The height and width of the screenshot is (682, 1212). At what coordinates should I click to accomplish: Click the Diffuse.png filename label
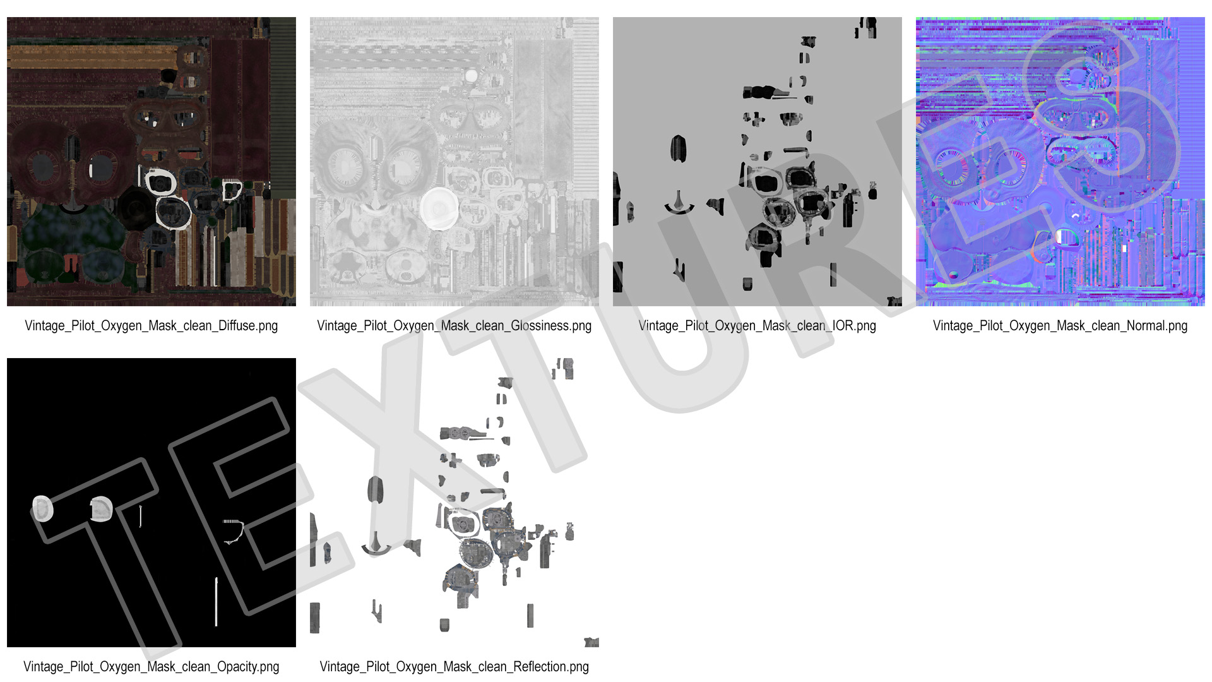point(151,326)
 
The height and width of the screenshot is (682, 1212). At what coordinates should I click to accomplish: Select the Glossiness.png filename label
point(454,326)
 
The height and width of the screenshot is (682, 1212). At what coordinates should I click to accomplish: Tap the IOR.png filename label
point(757,326)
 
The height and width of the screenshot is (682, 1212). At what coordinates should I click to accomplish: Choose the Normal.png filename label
point(1060,326)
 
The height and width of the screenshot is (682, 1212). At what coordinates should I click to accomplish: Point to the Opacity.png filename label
point(151,667)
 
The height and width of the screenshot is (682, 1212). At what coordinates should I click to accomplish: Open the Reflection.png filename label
point(454,667)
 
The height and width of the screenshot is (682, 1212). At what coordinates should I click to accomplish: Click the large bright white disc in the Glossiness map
point(439,208)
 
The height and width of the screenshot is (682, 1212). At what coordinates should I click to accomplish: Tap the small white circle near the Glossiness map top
point(471,76)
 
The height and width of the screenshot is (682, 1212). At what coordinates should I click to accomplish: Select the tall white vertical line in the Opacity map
point(216,602)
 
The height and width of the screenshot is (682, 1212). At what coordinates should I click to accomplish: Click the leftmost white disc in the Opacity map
point(42,509)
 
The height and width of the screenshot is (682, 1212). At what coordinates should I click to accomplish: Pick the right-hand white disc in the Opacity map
point(101,509)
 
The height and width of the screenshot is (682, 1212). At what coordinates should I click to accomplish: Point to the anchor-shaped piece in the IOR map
point(679,205)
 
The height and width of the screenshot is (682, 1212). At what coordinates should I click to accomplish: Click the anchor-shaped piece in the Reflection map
point(376,545)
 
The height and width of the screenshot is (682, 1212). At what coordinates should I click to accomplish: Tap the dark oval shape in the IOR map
point(678,149)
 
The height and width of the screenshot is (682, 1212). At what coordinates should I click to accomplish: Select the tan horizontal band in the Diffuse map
point(93,57)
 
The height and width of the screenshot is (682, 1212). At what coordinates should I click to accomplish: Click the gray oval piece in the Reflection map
point(375,490)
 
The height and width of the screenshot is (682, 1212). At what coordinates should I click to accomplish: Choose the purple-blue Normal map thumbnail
point(1060,162)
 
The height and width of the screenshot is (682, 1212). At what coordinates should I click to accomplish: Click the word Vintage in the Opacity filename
point(44,667)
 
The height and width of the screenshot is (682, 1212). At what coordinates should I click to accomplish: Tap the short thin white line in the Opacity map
point(140,517)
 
